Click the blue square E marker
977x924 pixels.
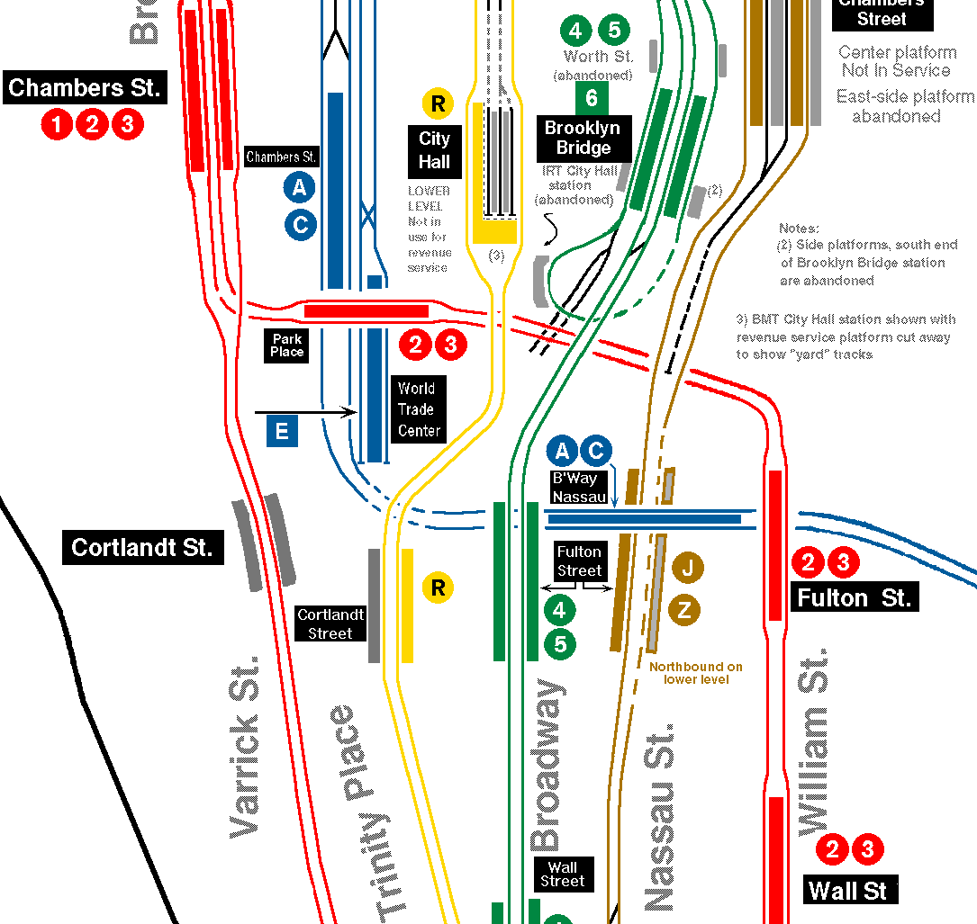[282, 432]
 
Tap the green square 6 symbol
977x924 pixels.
[592, 98]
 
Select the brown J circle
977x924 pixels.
[685, 568]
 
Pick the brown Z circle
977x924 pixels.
[684, 612]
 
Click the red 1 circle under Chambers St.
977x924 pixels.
[57, 124]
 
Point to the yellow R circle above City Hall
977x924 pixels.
[438, 103]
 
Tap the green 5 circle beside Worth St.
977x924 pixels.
[613, 30]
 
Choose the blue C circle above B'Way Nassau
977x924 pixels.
[595, 451]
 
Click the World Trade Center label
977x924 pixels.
[419, 409]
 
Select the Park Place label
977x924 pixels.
[287, 345]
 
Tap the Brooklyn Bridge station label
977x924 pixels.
[583, 139]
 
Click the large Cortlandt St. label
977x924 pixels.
[142, 547]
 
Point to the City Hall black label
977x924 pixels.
[434, 151]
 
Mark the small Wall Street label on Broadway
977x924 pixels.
[562, 874]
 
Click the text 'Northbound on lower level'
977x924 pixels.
[696, 673]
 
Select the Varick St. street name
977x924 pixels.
[245, 747]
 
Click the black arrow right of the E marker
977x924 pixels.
[306, 413]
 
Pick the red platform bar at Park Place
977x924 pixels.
[366, 311]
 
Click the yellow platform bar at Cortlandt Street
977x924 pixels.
[407, 606]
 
